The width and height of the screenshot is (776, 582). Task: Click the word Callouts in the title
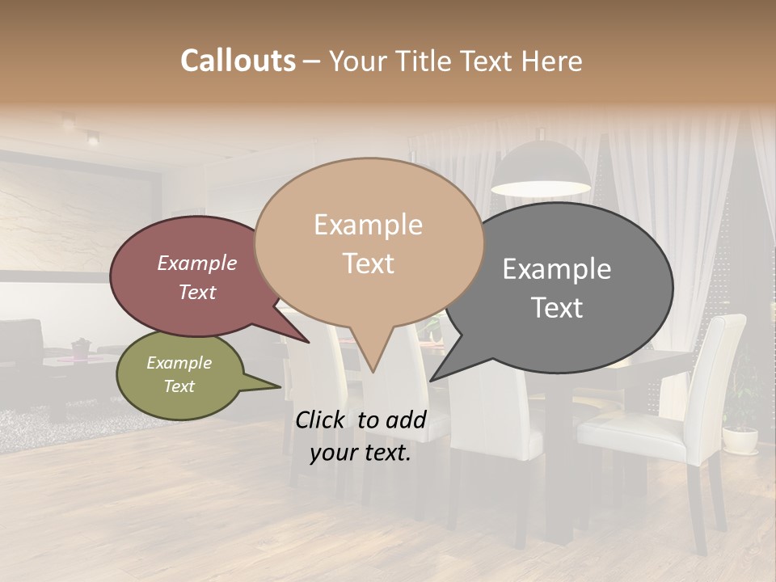click(x=238, y=61)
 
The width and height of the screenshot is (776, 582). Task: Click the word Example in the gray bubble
click(x=557, y=269)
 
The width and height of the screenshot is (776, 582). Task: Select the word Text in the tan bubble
click(x=368, y=264)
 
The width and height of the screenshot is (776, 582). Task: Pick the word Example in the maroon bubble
click(x=197, y=263)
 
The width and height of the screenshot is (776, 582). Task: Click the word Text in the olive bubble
click(x=179, y=386)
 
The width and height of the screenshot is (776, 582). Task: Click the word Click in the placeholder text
click(x=322, y=420)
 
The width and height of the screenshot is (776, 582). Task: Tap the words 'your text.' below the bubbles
click(x=360, y=453)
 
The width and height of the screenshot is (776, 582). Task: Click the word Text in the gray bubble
click(x=557, y=308)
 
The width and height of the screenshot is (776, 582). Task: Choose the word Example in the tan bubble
click(x=368, y=225)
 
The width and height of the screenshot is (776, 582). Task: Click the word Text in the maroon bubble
click(x=197, y=292)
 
